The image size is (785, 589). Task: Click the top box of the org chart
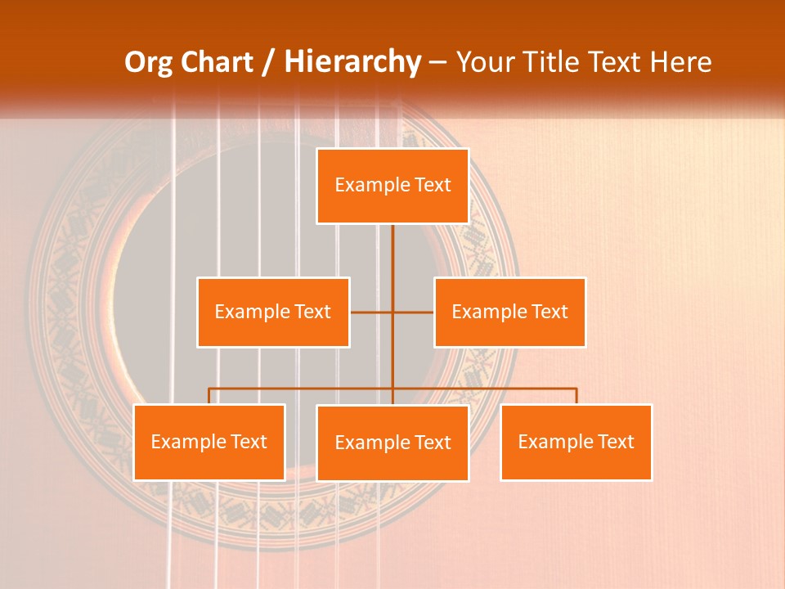pyautogui.click(x=392, y=186)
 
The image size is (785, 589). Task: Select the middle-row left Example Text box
pyautogui.click(x=273, y=312)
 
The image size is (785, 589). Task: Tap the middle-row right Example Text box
pyautogui.click(x=509, y=312)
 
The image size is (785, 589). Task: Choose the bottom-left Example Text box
pyautogui.click(x=209, y=442)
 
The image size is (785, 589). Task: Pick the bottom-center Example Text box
pyautogui.click(x=392, y=443)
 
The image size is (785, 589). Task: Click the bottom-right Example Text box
pyautogui.click(x=576, y=442)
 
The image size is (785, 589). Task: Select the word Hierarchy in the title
pyautogui.click(x=352, y=62)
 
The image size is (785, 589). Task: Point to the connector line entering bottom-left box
pyautogui.click(x=209, y=397)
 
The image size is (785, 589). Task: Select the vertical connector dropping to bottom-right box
pyautogui.click(x=576, y=397)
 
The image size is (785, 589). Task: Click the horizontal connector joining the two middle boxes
pyautogui.click(x=372, y=312)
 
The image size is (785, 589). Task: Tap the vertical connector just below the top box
pyautogui.click(x=392, y=245)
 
